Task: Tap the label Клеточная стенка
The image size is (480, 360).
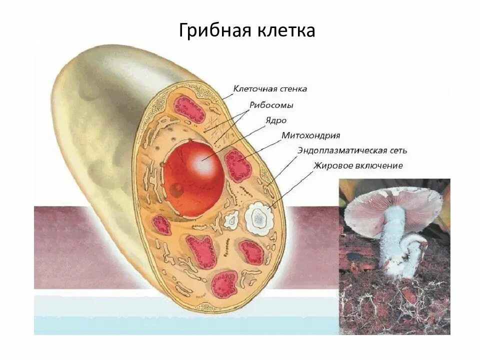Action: pos(270,89)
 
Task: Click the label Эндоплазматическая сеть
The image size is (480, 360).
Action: pos(352,150)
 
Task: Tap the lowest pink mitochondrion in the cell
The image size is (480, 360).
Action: pos(223,284)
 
